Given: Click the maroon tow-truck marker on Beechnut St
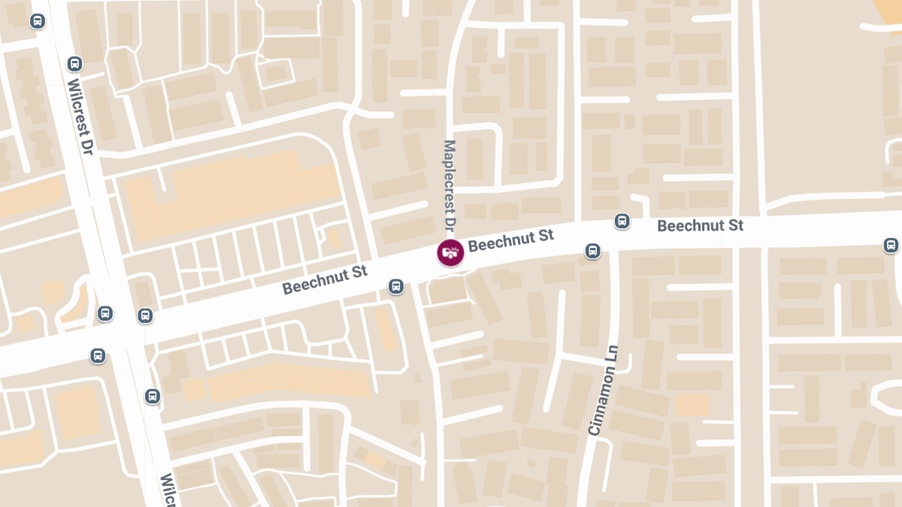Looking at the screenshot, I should tap(450, 252).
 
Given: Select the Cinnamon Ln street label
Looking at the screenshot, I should tap(604, 391).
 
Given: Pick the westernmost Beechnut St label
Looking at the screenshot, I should tap(325, 279).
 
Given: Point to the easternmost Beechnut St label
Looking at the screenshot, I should tap(700, 225).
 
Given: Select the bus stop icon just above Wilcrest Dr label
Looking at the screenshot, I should tap(74, 64).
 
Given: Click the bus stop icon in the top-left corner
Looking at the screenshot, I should tap(37, 21).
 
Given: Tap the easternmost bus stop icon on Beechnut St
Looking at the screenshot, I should tap(891, 245).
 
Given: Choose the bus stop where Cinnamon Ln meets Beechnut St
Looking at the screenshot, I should tap(592, 251).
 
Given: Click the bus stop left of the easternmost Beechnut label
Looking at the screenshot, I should tap(622, 221).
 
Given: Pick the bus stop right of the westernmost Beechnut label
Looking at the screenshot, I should tap(395, 286).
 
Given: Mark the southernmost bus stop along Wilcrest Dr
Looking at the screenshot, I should tap(153, 396).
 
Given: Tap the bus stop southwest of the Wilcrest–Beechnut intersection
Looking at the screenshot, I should tap(97, 355).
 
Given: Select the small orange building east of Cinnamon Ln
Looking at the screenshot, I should tap(692, 406).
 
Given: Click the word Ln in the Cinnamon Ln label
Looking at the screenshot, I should tap(612, 355).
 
